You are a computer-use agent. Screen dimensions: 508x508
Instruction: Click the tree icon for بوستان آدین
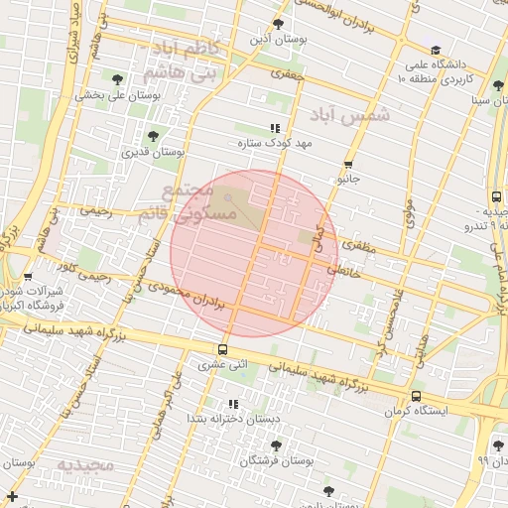pos(279,23)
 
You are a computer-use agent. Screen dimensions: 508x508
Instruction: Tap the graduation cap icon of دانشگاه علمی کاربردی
pos(435,50)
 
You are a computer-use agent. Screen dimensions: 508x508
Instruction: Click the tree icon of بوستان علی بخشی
pos(118,78)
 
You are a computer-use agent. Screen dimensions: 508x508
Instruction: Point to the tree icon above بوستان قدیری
pos(152,136)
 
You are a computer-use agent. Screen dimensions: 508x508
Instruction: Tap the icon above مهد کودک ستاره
pos(275,128)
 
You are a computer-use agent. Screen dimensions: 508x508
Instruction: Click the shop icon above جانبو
pos(347,165)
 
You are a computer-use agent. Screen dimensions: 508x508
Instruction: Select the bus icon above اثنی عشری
pos(221,349)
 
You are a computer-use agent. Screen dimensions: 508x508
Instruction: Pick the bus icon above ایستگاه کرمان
pos(416,396)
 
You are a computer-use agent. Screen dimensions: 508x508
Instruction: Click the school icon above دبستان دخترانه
pos(233,404)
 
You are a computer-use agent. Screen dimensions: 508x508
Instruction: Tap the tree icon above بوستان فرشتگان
pos(275,445)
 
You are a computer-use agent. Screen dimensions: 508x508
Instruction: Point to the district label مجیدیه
pos(85,465)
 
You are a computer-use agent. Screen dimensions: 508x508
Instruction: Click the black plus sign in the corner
pos(12,495)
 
